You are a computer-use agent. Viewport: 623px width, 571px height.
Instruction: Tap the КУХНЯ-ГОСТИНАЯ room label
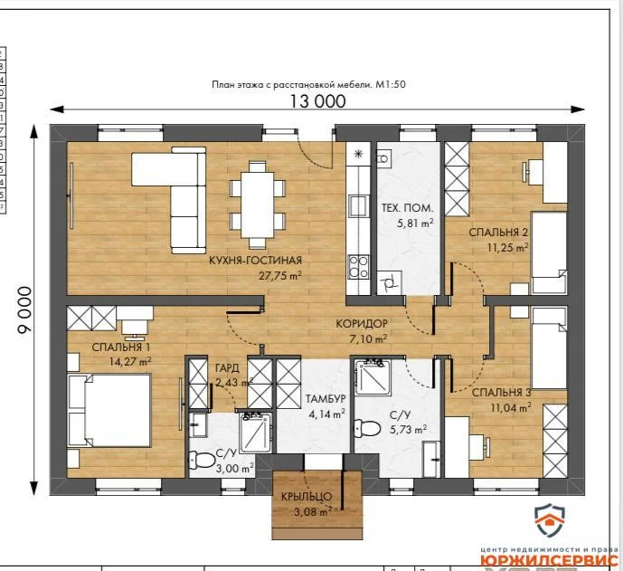254,260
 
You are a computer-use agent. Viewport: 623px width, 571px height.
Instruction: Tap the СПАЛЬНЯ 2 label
498,232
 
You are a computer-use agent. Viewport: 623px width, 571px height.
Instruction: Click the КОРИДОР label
362,324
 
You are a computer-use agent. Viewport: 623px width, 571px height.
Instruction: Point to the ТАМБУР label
325,398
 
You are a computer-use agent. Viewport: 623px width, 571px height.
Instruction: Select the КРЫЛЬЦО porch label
312,497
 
